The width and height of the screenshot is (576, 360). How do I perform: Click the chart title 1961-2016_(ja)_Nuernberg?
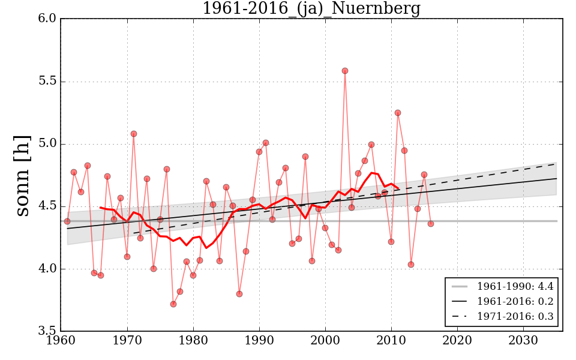[311, 9]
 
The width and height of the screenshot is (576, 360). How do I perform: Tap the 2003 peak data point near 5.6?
[345, 71]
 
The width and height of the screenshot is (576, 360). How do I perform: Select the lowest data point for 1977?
[173, 304]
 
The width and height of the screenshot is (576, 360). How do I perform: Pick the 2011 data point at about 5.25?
[398, 113]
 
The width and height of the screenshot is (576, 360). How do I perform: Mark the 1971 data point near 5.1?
[134, 134]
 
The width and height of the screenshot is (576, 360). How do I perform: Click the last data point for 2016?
[431, 224]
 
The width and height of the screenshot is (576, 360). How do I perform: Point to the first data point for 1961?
[67, 221]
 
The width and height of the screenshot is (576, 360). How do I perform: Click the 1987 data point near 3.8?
[239, 294]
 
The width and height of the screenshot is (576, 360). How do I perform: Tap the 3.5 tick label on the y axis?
[49, 331]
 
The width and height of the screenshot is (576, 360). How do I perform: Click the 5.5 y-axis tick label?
[49, 82]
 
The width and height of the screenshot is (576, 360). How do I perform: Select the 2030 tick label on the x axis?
[523, 340]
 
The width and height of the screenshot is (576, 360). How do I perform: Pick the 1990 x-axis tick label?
[259, 340]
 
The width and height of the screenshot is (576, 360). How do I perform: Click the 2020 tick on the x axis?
[457, 340]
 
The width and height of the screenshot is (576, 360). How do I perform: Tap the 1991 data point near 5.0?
[266, 143]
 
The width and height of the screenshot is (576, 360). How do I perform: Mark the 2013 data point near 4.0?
[411, 265]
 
